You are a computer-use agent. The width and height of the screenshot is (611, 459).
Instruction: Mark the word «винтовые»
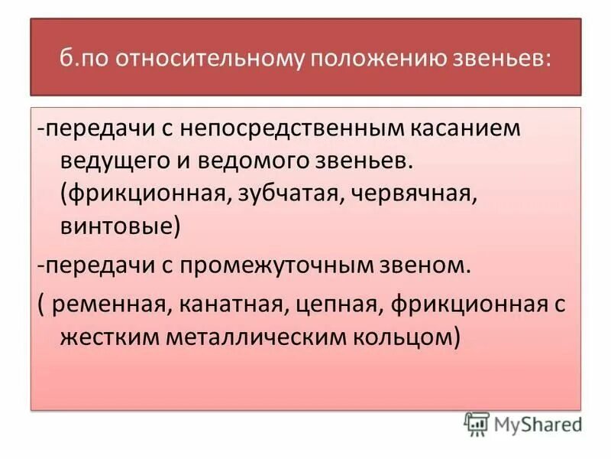pos(120,227)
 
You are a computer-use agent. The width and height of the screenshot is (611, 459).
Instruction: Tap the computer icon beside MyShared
pos(476,423)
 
